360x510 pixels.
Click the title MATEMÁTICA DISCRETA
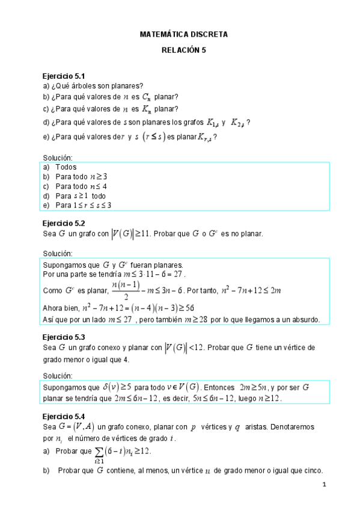[x=183, y=35]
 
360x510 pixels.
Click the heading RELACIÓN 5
[x=183, y=51]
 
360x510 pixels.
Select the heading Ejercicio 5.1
[x=63, y=76]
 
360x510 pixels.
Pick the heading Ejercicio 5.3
[x=63, y=337]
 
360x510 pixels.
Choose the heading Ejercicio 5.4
[x=63, y=416]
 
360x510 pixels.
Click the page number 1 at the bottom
[x=324, y=485]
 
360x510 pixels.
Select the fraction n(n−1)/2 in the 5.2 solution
[x=126, y=290]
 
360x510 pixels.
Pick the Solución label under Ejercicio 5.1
[x=58, y=158]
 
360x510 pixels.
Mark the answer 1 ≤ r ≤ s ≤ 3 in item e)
[x=92, y=205]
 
